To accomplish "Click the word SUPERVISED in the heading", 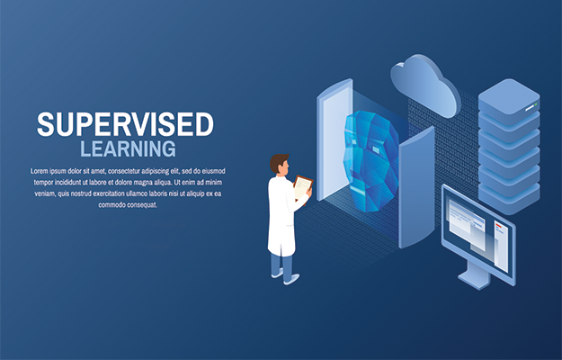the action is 125,124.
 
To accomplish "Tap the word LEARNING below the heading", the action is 128,148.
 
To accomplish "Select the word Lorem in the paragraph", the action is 39,171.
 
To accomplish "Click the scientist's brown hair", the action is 278,162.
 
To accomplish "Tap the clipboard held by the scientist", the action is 302,187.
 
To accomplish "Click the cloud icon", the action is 425,85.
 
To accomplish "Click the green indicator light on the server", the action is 536,104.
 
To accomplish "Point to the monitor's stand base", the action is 474,279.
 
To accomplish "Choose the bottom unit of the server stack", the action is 509,198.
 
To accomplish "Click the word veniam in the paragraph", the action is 44,193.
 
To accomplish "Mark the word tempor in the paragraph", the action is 43,183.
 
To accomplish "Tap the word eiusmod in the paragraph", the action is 213,171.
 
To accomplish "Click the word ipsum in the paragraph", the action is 58,171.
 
